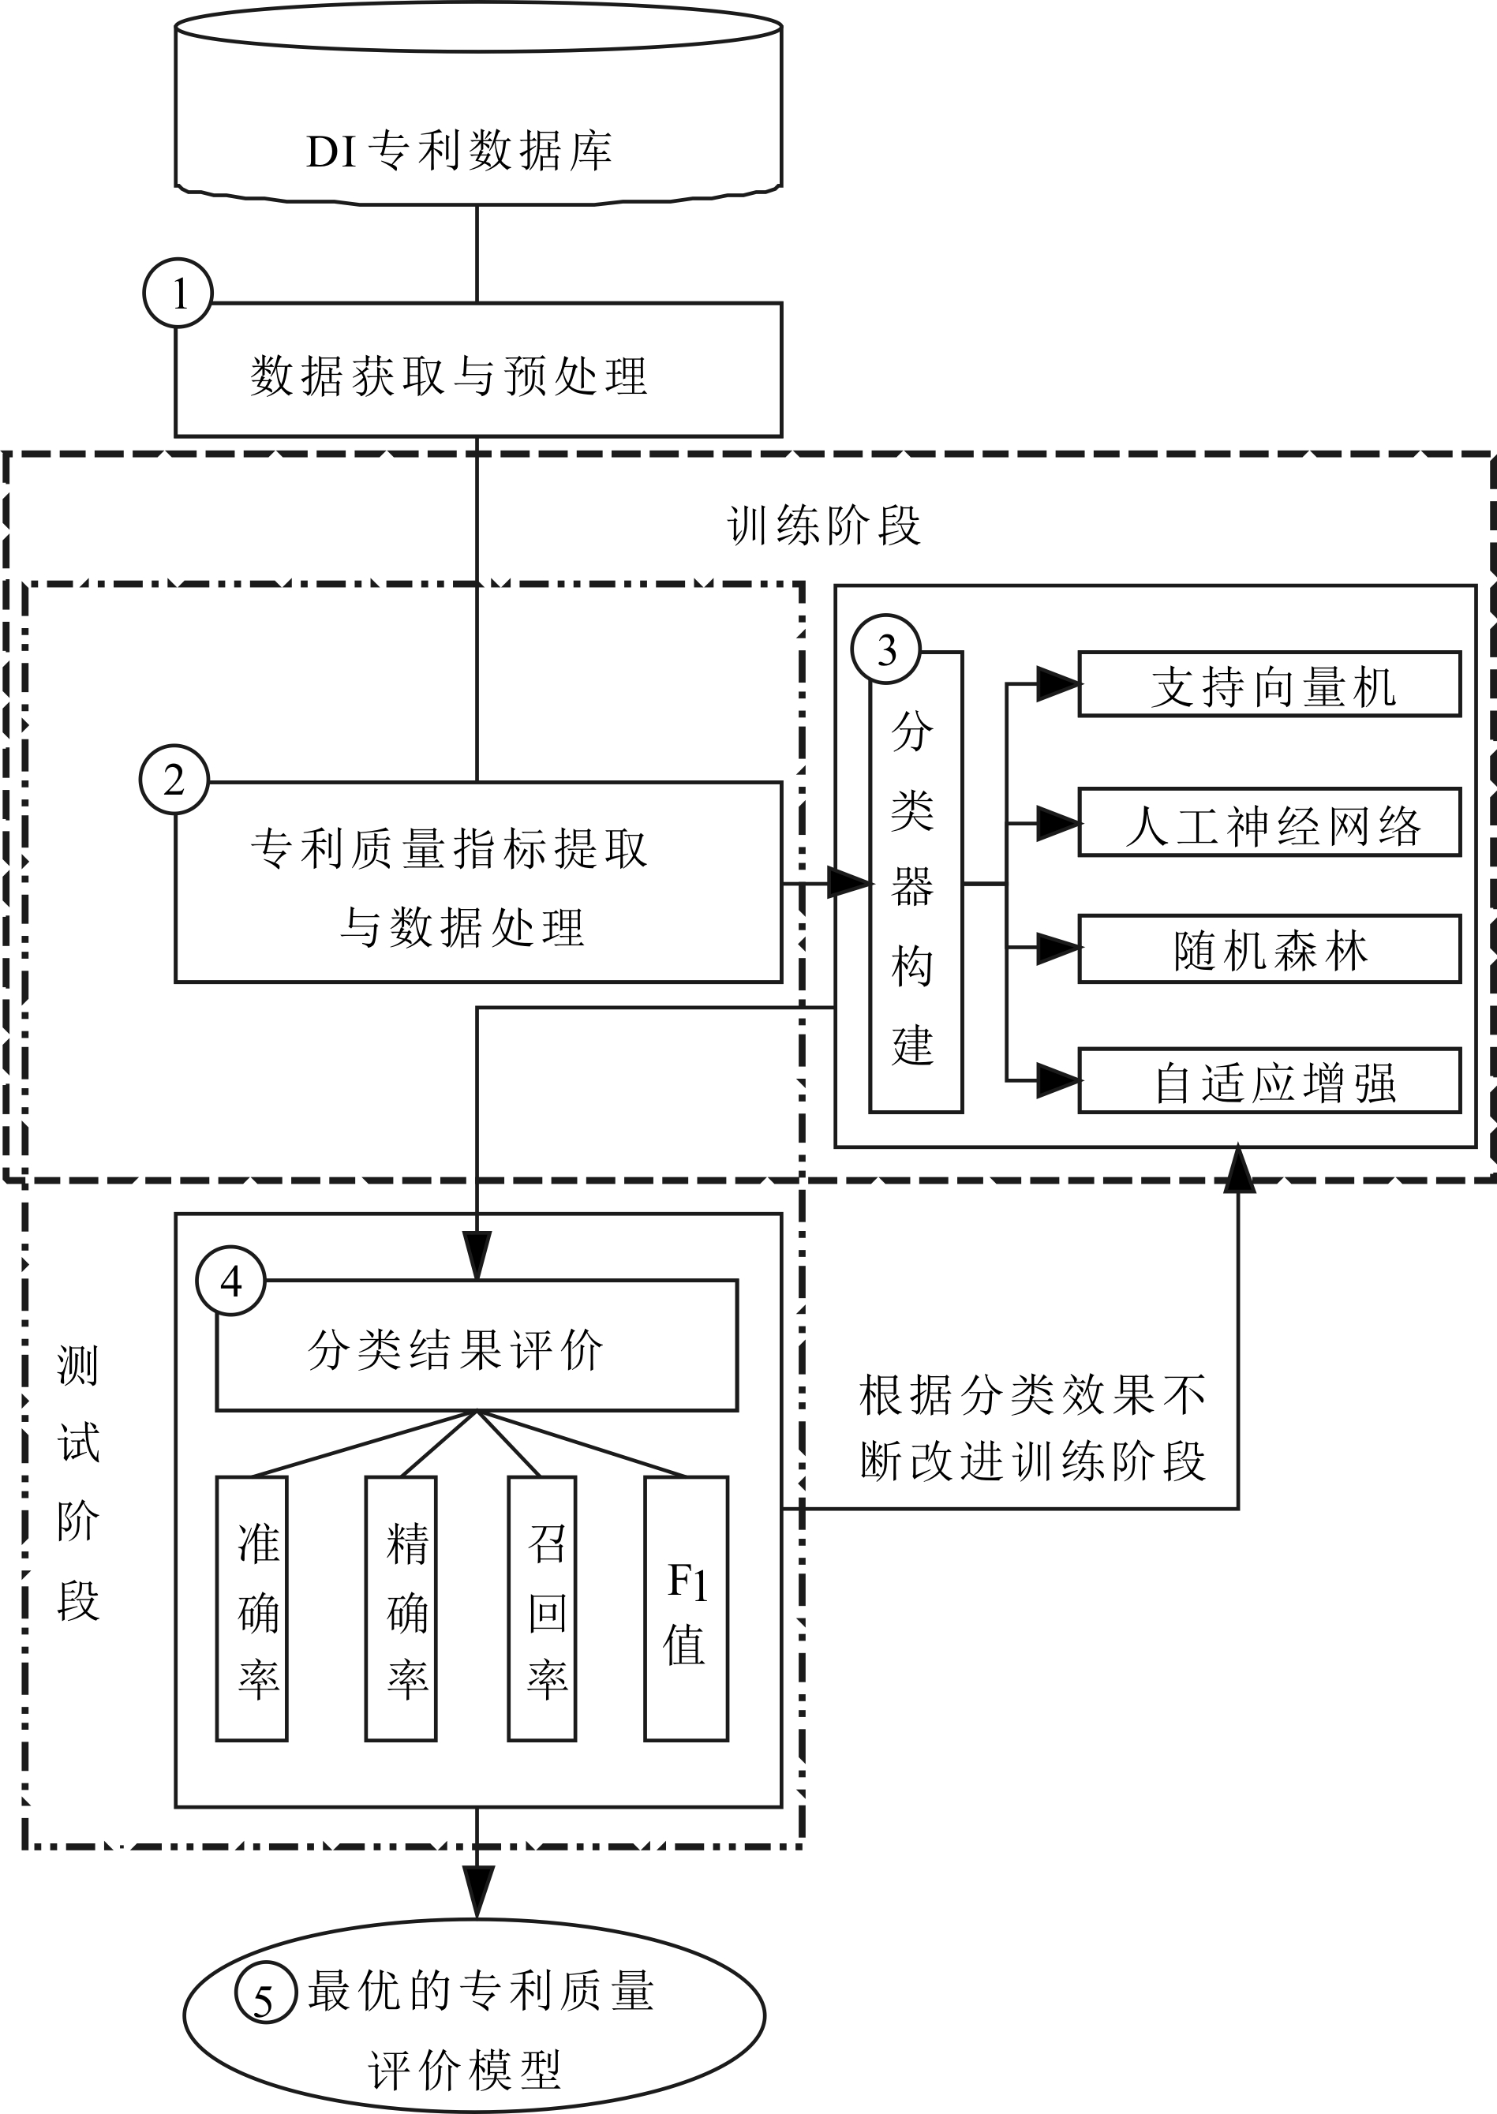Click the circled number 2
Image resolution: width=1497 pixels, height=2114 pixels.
pyautogui.click(x=174, y=780)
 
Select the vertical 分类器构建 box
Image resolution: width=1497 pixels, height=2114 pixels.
pyautogui.click(x=915, y=885)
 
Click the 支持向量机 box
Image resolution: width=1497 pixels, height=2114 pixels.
pyautogui.click(x=1269, y=685)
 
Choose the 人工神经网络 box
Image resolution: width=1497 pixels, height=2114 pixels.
pyautogui.click(x=1269, y=823)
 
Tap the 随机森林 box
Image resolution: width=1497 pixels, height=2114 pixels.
pyautogui.click(x=1269, y=949)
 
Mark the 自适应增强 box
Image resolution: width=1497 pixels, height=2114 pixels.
pyautogui.click(x=1269, y=1081)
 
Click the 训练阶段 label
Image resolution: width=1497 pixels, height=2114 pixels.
pyautogui.click(x=823, y=526)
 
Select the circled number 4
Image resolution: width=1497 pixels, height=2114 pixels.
pyautogui.click(x=231, y=1281)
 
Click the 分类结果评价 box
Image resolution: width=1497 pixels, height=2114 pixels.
pyautogui.click(x=477, y=1346)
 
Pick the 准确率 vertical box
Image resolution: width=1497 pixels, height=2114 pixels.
pyautogui.click(x=253, y=1608)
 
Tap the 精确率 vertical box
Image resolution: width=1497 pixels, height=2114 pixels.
pyautogui.click(x=401, y=1608)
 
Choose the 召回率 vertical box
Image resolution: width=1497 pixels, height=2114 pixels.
pyautogui.click(x=543, y=1608)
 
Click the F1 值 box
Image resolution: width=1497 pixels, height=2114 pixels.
pyautogui.click(x=687, y=1608)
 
